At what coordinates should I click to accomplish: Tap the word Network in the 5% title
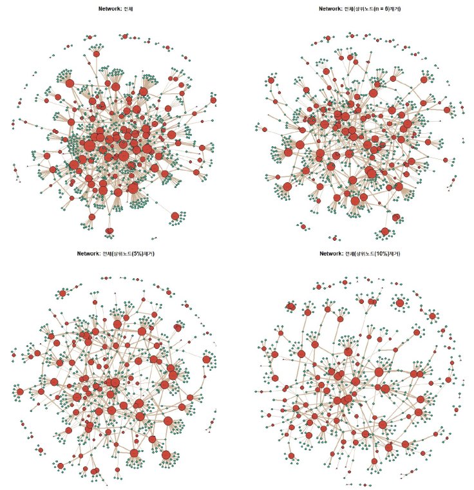coord(88,254)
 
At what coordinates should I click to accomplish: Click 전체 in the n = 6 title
coord(352,9)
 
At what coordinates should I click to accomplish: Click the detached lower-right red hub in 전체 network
coord(175,217)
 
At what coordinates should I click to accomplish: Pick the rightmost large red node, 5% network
coord(207,359)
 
